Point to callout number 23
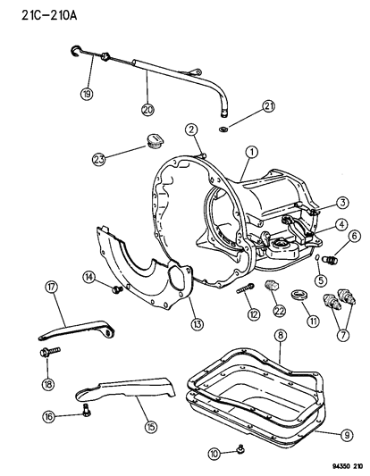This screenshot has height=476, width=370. coord(99,160)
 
